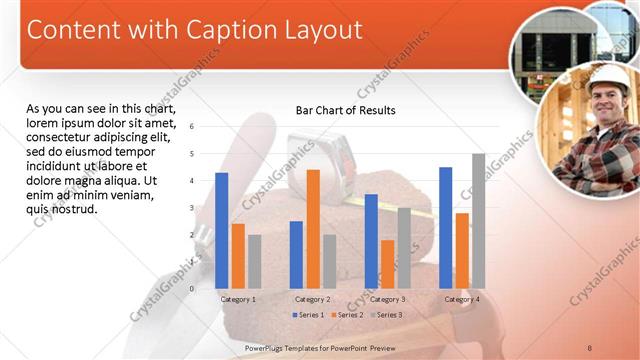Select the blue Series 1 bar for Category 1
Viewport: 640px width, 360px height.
pos(221,231)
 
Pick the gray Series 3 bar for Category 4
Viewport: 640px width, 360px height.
pos(478,221)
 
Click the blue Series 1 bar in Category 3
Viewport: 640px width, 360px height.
pos(371,241)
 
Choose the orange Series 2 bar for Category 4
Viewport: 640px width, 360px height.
pos(462,250)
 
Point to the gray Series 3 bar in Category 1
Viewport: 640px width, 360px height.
pos(254,261)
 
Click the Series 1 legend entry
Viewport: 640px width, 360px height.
pos(310,315)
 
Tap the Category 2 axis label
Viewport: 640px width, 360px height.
pos(312,299)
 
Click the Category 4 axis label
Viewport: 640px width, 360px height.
pos(461,299)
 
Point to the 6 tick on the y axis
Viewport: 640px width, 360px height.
pos(192,127)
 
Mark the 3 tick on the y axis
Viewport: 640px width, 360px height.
pos(192,208)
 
